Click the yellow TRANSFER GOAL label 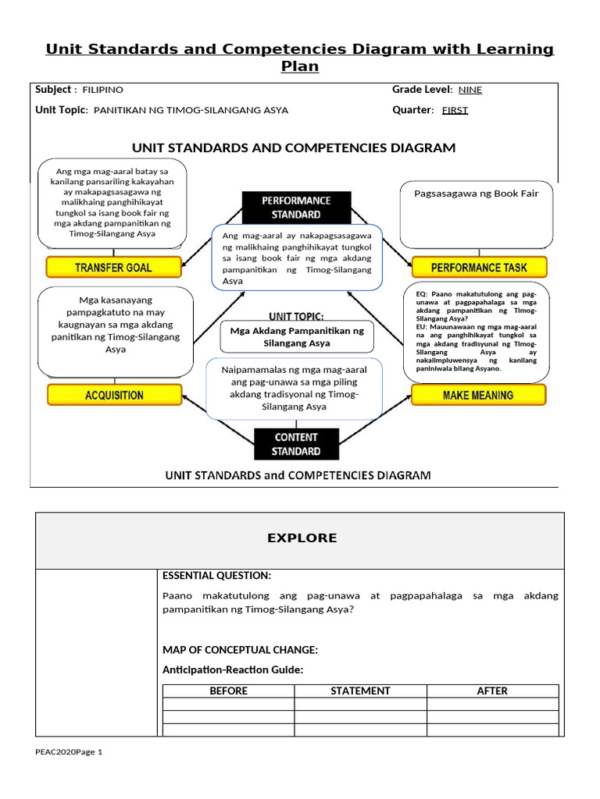113,268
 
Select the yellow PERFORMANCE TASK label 479,268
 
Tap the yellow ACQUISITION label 114,395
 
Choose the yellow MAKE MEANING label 478,395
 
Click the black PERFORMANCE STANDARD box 296,208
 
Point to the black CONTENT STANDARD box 296,445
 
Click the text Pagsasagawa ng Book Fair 476,194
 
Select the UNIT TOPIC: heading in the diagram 296,316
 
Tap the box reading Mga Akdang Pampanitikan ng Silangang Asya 297,336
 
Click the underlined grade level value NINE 470,90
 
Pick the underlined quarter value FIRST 455,110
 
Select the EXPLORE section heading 302,538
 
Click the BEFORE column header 228,691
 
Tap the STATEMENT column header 360,691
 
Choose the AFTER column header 492,691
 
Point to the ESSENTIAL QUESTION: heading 216,576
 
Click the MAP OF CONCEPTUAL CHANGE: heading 240,650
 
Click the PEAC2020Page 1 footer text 69,751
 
